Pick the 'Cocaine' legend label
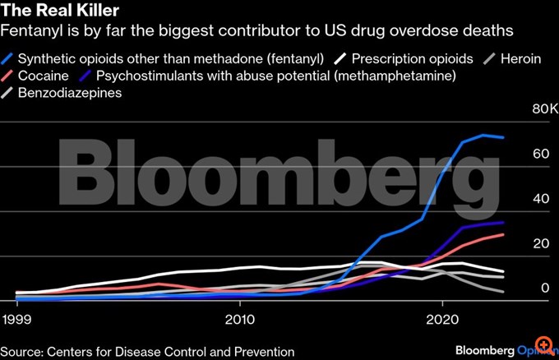click(x=44, y=76)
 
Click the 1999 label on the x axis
click(x=17, y=318)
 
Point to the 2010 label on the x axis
click(x=239, y=318)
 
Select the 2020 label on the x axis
click(x=442, y=318)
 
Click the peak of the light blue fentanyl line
click(x=484, y=135)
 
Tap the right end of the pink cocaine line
click(x=503, y=235)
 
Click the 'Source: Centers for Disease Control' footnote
click(x=148, y=351)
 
